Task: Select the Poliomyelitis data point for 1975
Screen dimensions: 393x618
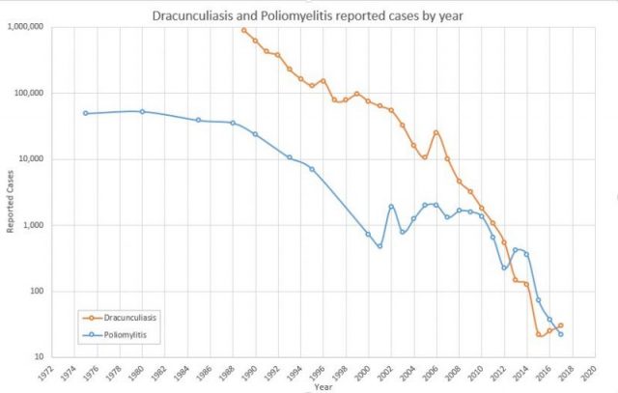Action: pyautogui.click(x=86, y=113)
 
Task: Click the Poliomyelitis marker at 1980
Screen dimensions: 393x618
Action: pyautogui.click(x=142, y=111)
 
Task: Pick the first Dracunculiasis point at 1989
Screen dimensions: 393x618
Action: pyautogui.click(x=244, y=30)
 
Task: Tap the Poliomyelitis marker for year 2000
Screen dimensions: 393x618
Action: pyautogui.click(x=368, y=234)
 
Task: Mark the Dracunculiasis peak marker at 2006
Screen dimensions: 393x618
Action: pyautogui.click(x=435, y=131)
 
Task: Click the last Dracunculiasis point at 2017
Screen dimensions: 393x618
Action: pyautogui.click(x=560, y=326)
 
